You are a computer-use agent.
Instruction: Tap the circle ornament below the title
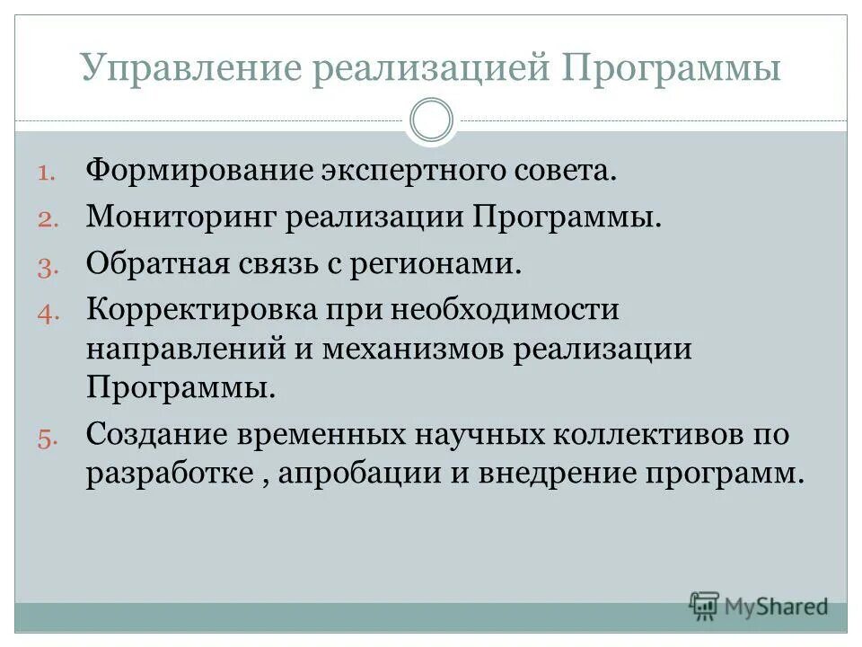[431, 120]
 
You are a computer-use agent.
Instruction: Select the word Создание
[155, 436]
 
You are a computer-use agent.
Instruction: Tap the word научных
[478, 436]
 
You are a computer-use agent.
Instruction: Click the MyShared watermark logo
[760, 607]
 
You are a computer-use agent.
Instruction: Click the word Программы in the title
[673, 70]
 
